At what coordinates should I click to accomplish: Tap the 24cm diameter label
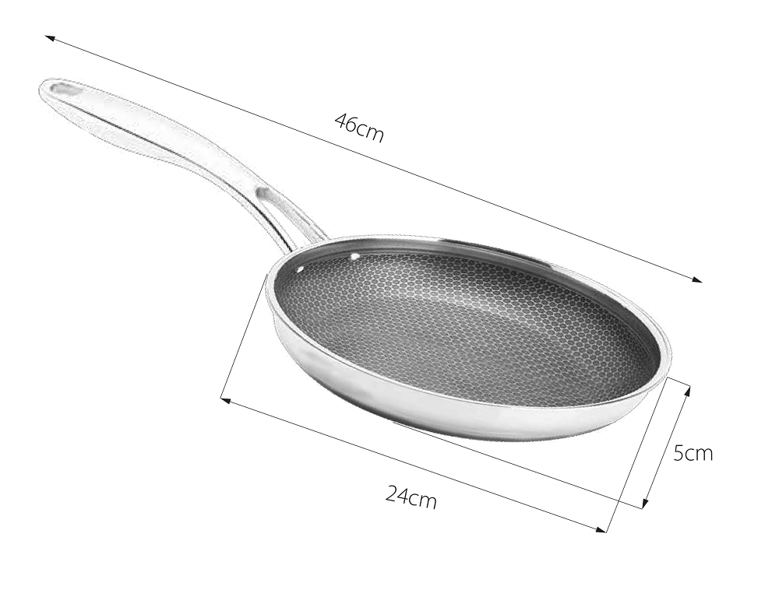click(x=411, y=497)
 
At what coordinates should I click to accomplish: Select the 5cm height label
click(x=693, y=452)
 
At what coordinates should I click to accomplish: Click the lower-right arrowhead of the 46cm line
click(x=698, y=279)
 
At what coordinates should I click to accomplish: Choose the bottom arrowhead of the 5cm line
click(x=645, y=503)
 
